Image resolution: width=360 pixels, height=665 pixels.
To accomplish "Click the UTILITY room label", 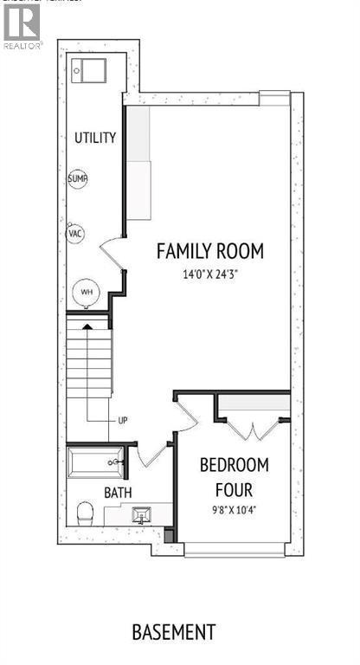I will coord(95,138).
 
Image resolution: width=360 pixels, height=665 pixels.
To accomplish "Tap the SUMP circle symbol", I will coord(77,179).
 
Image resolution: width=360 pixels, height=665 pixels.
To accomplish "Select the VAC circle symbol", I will coord(75,234).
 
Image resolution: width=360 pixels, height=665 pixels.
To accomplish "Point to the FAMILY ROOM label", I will coord(209,251).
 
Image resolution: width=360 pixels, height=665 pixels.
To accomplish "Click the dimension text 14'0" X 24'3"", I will coord(209,274).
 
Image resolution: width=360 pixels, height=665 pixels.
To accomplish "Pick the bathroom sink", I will coord(140,516).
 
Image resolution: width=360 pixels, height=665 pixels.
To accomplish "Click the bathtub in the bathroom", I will coord(95,462).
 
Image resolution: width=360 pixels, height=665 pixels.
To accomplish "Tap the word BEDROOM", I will coord(234,465).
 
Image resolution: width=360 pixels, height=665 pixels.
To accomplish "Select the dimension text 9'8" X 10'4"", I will coord(234,509).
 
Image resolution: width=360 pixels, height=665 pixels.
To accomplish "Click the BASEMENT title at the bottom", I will coord(173,632).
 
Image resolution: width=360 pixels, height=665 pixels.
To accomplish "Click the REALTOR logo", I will coord(22,26).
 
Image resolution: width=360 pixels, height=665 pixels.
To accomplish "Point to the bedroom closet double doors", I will coord(254,427).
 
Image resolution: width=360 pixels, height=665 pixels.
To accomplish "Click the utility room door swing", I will coord(113,252).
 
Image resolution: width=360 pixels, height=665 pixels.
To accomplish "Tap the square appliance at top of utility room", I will coord(89,70).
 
